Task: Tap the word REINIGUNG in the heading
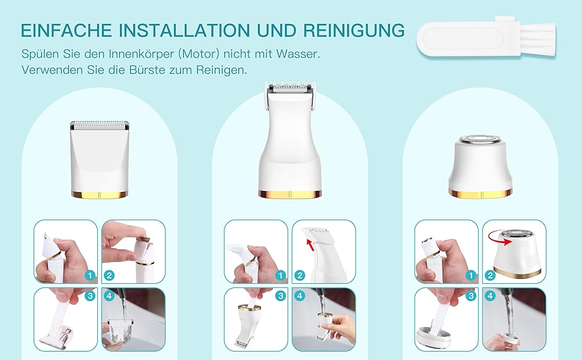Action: coord(354,30)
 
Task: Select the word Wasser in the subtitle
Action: coord(298,54)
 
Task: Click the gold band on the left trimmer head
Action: coord(100,195)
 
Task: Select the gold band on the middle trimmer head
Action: coord(290,194)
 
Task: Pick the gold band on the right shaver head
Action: coord(481,193)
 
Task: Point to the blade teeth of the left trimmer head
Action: coord(100,123)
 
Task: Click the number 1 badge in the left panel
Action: coord(90,275)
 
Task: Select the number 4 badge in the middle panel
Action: coord(299,296)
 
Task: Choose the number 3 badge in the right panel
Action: coord(471,296)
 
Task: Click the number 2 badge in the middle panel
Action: coord(299,275)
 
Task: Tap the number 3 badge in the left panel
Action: coord(90,296)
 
